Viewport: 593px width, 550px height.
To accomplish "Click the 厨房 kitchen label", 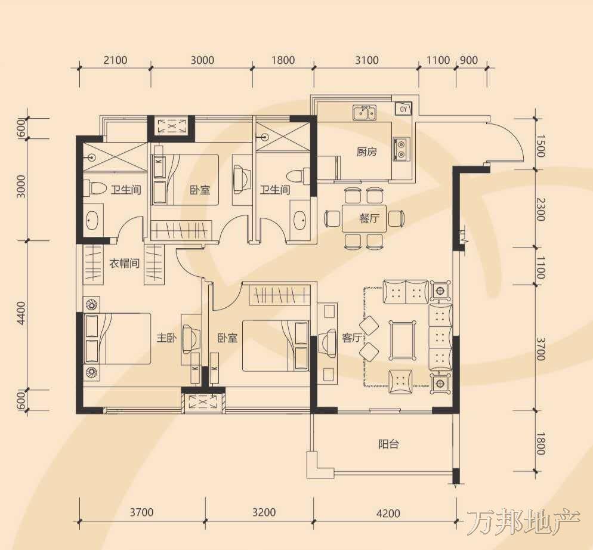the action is coord(366,152).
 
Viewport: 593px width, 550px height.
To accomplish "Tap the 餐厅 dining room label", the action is coord(369,218).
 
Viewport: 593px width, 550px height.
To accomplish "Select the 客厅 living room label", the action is coord(352,338).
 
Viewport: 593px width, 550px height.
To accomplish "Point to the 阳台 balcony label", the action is coord(388,444).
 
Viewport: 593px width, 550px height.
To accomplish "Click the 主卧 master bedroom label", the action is coord(167,338).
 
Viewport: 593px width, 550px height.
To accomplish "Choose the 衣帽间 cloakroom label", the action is coord(125,263).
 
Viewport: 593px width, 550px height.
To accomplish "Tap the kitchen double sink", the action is coord(365,113).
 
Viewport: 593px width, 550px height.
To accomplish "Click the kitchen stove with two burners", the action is coord(401,149).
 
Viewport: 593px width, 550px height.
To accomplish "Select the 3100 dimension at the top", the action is coord(366,60).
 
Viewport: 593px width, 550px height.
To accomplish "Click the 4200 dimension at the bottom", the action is coord(388,513).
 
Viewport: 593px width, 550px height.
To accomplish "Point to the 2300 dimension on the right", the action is coord(541,209).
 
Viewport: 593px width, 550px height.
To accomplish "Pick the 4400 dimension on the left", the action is coord(21,313).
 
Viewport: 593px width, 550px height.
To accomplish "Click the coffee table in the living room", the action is coord(402,340).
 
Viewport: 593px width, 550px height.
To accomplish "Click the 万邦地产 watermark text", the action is coord(524,523).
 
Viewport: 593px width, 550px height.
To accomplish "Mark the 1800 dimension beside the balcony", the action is coord(541,444).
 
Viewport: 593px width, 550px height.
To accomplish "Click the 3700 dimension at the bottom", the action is coord(141,512).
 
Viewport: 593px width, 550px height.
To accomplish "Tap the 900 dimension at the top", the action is coord(469,60).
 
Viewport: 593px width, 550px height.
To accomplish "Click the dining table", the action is coord(364,219).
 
